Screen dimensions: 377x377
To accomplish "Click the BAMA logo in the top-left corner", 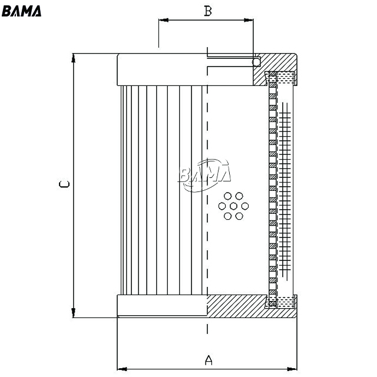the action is point(21,11).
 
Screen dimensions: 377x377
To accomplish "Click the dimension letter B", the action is point(208,11).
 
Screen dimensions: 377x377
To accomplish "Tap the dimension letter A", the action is point(209,360).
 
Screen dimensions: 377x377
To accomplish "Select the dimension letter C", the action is point(64,184).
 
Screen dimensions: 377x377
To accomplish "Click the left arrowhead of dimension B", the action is point(163,20).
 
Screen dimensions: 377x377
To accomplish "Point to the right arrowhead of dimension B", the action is point(249,20).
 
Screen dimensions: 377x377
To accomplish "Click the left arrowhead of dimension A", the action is point(122,369).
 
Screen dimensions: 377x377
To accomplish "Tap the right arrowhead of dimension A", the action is point(292,369).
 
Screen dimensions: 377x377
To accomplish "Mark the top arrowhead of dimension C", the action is point(73,58).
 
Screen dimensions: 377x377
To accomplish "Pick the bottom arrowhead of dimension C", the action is point(73,313).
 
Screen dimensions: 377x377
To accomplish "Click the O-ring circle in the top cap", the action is point(256,62).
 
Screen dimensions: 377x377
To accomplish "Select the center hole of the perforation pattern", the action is point(233,206).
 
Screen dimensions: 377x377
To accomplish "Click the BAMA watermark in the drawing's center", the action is point(204,175).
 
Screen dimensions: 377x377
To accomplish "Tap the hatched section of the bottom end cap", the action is point(240,306).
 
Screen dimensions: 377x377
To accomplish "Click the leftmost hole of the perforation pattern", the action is point(222,206).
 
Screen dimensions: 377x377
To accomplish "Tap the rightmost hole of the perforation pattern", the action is point(245,206).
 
